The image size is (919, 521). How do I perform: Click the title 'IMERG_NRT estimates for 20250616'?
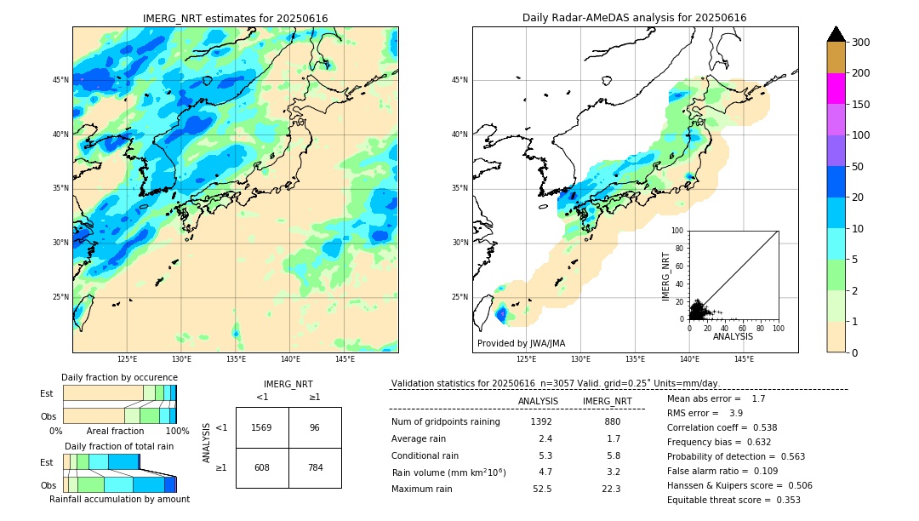[235, 19]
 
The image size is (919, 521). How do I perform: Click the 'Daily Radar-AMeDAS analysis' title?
[634, 18]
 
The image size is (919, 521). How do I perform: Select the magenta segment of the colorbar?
[836, 89]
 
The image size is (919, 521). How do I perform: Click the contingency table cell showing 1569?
[262, 427]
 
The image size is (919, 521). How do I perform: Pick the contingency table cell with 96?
[315, 427]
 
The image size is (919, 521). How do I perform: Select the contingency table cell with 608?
[262, 467]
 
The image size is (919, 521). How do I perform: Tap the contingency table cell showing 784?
[315, 467]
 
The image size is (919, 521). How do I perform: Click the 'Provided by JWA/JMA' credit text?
[521, 344]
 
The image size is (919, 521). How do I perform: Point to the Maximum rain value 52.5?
[541, 489]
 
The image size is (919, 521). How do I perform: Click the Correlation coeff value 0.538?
[759, 427]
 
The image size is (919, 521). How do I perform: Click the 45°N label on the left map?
[60, 80]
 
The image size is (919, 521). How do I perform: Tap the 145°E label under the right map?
[744, 359]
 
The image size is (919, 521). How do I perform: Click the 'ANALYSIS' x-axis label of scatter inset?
[733, 336]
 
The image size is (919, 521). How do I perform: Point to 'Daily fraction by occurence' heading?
[119, 377]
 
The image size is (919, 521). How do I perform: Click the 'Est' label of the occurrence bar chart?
[47, 393]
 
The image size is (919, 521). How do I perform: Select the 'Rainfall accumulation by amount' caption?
[119, 499]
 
